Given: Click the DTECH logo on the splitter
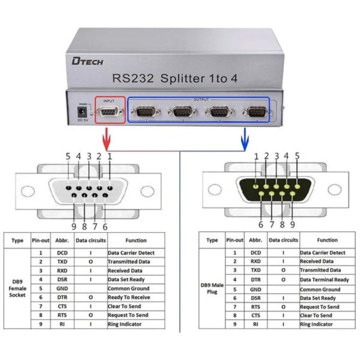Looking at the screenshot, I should pyautogui.click(x=87, y=61).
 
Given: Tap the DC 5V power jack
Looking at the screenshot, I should pyautogui.click(x=83, y=111).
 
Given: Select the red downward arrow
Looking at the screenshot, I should pyautogui.click(x=107, y=137).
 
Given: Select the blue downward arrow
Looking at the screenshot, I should pyautogui.click(x=245, y=137).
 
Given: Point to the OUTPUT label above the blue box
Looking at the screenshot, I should pyautogui.click(x=201, y=99).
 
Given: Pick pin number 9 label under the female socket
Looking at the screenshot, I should pyautogui.click(x=74, y=226).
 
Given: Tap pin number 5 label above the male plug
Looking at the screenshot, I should pyautogui.click(x=297, y=156).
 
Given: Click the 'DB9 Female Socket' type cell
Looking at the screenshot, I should pyautogui.click(x=18, y=288).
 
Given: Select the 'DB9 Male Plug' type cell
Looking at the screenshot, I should pyautogui.click(x=212, y=288).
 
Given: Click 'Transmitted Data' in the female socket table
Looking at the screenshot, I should pyautogui.click(x=129, y=261).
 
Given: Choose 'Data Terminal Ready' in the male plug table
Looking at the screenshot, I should pyautogui.click(x=324, y=280).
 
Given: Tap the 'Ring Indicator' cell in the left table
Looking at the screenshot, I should pyautogui.click(x=125, y=324).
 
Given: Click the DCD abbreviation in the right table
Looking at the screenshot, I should pyautogui.click(x=256, y=253).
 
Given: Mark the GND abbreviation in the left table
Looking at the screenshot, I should pyautogui.click(x=62, y=288).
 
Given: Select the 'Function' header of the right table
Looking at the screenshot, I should pyautogui.click(x=327, y=240).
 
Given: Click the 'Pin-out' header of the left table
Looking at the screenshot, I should pyautogui.click(x=40, y=240).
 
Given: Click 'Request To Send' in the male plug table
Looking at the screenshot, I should pyautogui.click(x=320, y=306).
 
